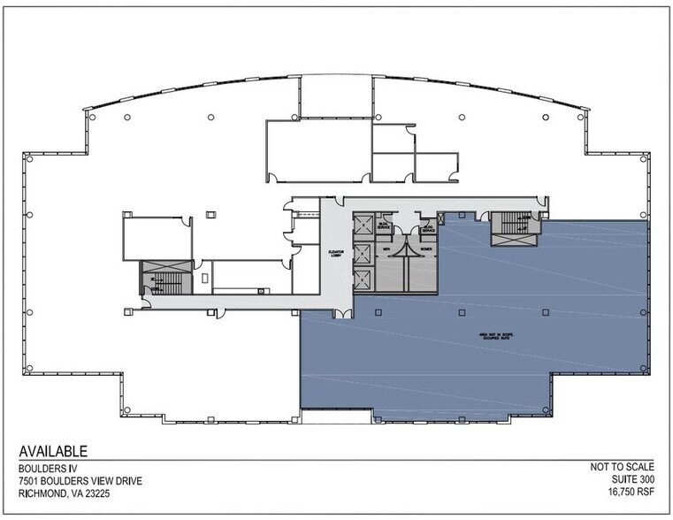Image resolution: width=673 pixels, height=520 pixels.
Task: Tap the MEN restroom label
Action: (x=386, y=249)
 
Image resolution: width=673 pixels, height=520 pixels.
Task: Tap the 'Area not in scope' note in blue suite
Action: (x=493, y=336)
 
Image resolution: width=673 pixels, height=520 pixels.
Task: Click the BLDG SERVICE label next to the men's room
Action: (x=384, y=227)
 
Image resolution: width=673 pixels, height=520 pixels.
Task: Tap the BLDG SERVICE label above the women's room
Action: (x=429, y=227)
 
